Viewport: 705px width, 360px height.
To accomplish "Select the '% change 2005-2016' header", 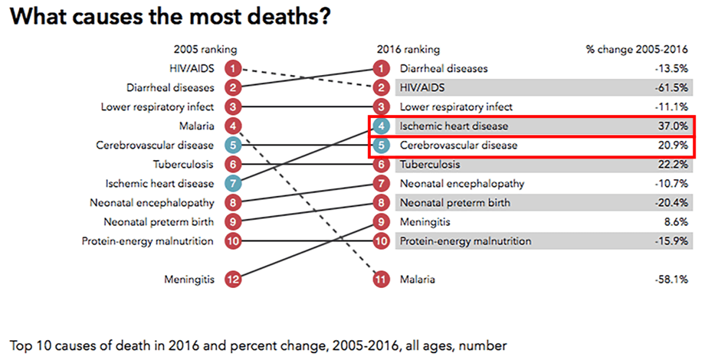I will point(642,50).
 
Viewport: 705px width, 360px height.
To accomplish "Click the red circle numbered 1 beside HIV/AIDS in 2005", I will point(234,69).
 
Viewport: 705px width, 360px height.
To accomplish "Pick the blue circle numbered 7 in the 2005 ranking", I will point(234,184).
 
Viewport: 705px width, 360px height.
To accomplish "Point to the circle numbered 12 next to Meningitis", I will point(234,280).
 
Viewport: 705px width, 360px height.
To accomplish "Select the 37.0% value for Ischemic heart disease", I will point(675,126).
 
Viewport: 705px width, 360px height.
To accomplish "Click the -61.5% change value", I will point(674,88).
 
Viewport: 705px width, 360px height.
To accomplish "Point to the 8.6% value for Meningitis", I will point(678,222).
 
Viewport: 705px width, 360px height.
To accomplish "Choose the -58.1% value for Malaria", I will point(674,280).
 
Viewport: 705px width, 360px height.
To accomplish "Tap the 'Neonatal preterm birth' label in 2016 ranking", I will point(454,203).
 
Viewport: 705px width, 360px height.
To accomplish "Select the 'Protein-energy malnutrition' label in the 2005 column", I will point(148,241).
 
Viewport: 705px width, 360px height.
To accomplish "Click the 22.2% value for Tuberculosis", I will point(675,165).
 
